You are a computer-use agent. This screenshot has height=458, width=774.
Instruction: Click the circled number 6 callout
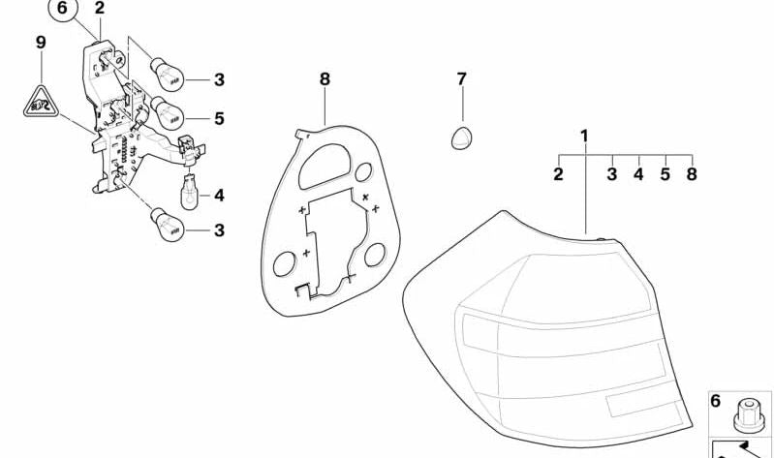coord(62,10)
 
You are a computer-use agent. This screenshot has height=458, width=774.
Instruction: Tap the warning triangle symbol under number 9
coord(41,104)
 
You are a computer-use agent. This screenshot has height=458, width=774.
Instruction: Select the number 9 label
coord(41,43)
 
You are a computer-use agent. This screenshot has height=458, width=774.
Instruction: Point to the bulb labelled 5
coord(167,113)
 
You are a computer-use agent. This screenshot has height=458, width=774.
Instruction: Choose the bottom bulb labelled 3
coord(167,225)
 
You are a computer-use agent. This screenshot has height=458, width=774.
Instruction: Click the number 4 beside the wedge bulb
coord(219,196)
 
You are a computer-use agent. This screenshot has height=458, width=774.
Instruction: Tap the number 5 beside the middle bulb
coord(219,118)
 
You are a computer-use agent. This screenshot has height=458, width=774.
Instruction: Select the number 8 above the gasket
coord(325,79)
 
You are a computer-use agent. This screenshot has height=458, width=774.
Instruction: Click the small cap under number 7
coord(461,138)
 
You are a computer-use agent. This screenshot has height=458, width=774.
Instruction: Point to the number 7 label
coord(461,79)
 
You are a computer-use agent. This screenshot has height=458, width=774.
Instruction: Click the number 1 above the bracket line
coord(585,136)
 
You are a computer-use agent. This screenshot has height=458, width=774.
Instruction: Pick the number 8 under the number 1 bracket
coord(692,173)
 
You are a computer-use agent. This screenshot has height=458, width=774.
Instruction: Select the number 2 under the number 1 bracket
coord(558,173)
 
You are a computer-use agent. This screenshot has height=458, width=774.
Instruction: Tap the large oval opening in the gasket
coord(325,167)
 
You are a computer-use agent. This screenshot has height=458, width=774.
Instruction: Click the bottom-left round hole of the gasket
coord(285,263)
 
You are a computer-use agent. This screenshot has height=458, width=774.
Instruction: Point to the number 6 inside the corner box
coord(715,401)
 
